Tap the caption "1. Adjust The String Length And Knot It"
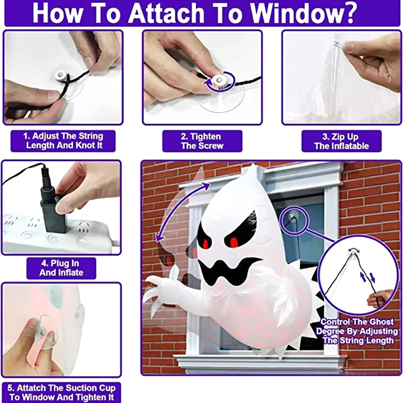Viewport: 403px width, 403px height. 63,141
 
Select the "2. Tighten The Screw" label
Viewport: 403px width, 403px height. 202,141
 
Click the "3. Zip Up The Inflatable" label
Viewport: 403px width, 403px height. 341,141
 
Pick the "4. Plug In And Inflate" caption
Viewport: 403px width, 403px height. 61,268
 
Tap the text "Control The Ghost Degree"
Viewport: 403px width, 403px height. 357,326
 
